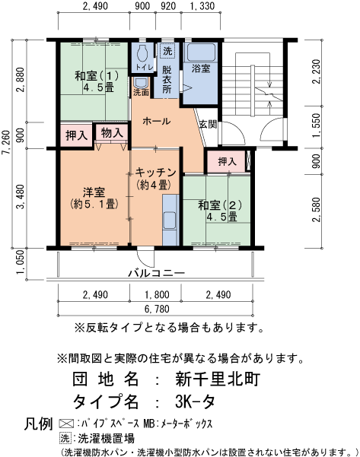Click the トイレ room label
click(x=145, y=68)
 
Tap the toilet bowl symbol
click(x=142, y=52)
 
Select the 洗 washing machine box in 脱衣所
click(x=167, y=51)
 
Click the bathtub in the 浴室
click(x=201, y=52)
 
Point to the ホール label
click(x=156, y=121)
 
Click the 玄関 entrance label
click(x=208, y=124)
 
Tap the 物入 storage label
click(x=112, y=133)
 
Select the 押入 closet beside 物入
click(x=76, y=135)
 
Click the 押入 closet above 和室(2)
click(x=228, y=161)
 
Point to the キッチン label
click(x=156, y=173)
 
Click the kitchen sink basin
click(x=169, y=221)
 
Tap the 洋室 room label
click(x=94, y=192)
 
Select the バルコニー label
click(x=157, y=273)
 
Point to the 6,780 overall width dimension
click(x=157, y=309)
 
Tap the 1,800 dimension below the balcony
click(x=157, y=295)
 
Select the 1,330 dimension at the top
click(x=202, y=6)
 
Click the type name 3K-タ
click(x=195, y=401)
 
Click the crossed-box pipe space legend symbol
click(x=66, y=424)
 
